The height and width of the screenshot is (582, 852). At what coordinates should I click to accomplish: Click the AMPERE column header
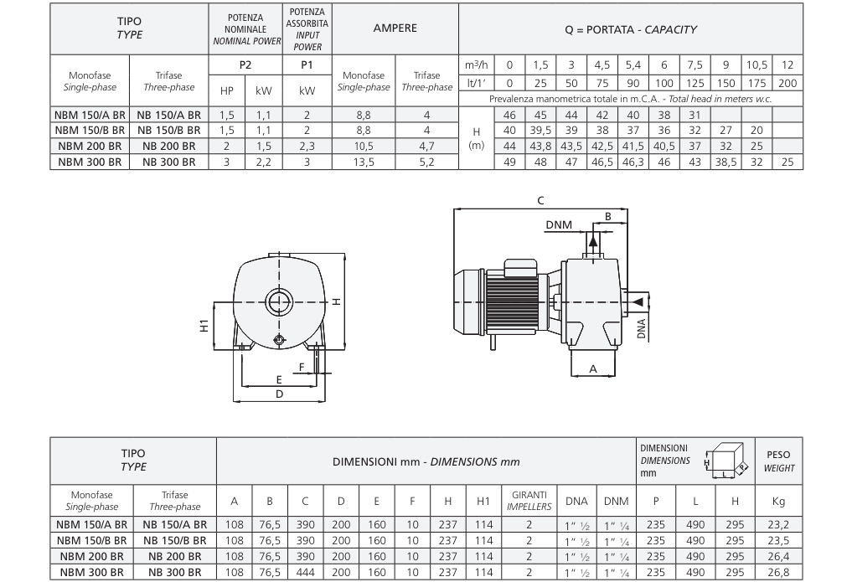(x=395, y=28)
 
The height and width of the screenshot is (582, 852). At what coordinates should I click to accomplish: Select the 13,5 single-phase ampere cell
(x=364, y=162)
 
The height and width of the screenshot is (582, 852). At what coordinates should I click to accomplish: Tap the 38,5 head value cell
(x=726, y=162)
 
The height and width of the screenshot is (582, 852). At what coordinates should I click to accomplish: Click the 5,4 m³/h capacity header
(x=633, y=65)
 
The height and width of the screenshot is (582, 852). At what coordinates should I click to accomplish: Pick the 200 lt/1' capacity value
(x=787, y=83)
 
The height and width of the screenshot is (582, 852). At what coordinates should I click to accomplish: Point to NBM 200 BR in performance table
(x=90, y=146)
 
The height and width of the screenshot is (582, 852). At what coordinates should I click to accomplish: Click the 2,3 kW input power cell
(x=307, y=146)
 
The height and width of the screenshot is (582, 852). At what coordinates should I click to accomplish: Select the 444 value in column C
(x=306, y=572)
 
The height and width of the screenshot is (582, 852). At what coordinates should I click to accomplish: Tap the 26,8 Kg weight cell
(x=778, y=572)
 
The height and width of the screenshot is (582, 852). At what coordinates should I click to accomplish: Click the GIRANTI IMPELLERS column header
(x=529, y=501)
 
